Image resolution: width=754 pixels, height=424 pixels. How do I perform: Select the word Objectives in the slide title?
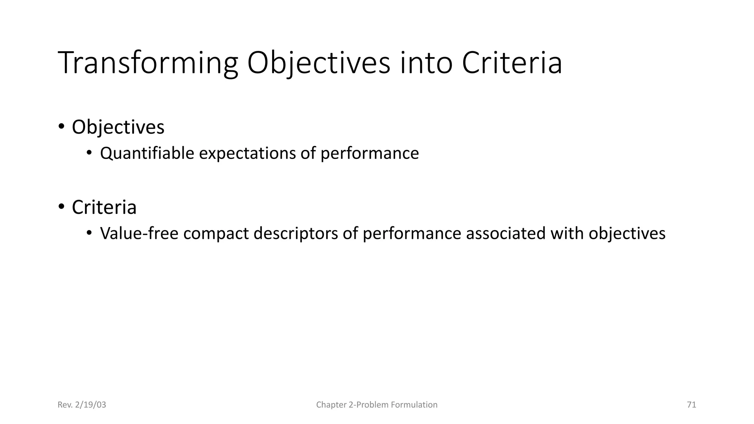tap(318, 63)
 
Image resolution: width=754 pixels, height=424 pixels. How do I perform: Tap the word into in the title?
tap(426, 63)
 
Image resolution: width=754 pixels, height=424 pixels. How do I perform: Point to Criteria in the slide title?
tap(512, 63)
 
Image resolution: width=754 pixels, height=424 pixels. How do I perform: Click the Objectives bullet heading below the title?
tap(118, 127)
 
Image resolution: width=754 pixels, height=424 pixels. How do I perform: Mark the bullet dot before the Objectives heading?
tap(61, 127)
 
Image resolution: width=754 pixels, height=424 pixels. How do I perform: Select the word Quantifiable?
tap(147, 153)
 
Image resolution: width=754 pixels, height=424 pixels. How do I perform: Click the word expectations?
tap(247, 153)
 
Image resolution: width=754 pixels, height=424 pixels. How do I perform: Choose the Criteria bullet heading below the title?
tap(104, 207)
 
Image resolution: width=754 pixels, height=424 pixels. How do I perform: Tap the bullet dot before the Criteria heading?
tap(61, 207)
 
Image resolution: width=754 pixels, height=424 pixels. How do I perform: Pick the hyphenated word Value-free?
tap(139, 234)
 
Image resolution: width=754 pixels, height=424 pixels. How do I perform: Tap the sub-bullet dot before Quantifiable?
tap(89, 153)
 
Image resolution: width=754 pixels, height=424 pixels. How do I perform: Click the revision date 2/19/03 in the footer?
tap(90, 405)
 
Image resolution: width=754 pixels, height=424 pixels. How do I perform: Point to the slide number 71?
tap(691, 405)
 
